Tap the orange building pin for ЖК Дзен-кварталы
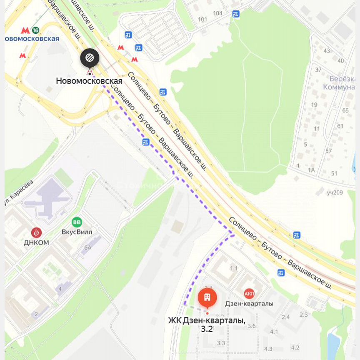point(207,297)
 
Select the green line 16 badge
point(36,30)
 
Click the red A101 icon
point(249,293)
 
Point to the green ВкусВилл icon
point(77,222)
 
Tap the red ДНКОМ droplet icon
point(37,232)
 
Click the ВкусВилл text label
point(77,232)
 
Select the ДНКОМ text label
point(37,242)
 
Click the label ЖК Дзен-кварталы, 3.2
point(207,324)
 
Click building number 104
point(217,13)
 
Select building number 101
point(202,20)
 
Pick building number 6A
point(88,247)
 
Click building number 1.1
point(234,269)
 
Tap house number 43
point(327,51)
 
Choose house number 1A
point(311,170)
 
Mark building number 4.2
point(295,347)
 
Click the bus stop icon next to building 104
point(236,14)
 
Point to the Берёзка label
point(342,79)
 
